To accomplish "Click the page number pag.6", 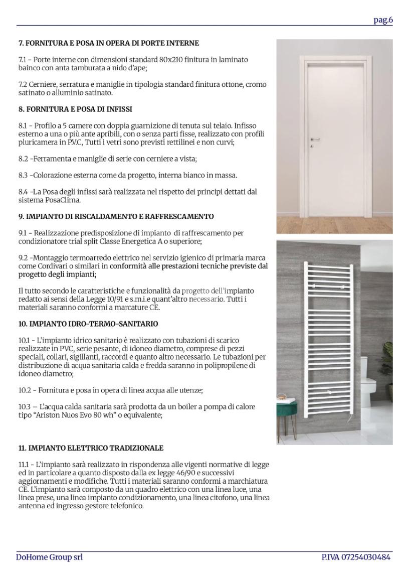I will pos(383,20).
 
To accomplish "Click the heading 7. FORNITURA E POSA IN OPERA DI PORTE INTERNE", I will pos(109,43).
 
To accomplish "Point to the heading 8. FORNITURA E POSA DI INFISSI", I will pos(75,109).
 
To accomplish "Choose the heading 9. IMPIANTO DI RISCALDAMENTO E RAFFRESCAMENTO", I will pos(116,217).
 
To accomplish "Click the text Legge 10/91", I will pos(130,300).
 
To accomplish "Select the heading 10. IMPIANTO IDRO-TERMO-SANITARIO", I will pos(88,324).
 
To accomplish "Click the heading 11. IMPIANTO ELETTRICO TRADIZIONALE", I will pos(91,448).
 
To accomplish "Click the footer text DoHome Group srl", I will pos(49,557).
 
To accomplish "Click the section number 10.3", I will pos(25,407).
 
